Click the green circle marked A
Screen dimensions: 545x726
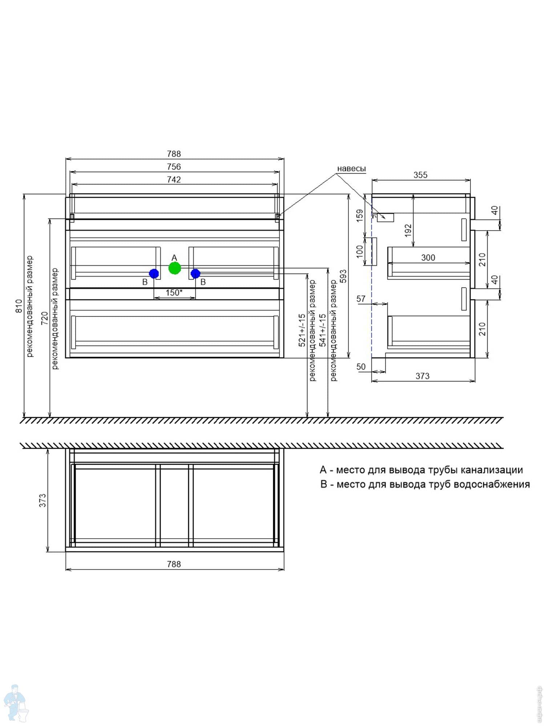pos(175,268)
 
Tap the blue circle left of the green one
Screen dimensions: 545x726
pos(154,273)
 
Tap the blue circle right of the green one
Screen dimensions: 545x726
pos(195,273)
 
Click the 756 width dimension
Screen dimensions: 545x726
pos(174,167)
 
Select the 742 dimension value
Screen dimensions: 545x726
pos(174,180)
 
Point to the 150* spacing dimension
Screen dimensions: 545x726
pos(174,293)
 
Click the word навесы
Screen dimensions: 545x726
pos(351,168)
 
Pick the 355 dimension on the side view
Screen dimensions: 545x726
pos(420,175)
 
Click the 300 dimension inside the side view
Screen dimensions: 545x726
pos(428,258)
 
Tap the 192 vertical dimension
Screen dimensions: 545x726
pos(408,230)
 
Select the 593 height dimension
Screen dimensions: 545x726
pos(343,276)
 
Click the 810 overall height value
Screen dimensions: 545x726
pos(19,306)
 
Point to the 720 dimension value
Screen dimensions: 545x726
pos(44,318)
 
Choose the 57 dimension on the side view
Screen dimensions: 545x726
pos(361,299)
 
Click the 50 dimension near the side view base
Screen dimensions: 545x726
pos(361,367)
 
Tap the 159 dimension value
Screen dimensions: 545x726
pos(360,216)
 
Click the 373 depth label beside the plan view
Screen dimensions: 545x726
pos(43,500)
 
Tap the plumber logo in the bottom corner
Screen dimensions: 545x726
pos(15,703)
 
